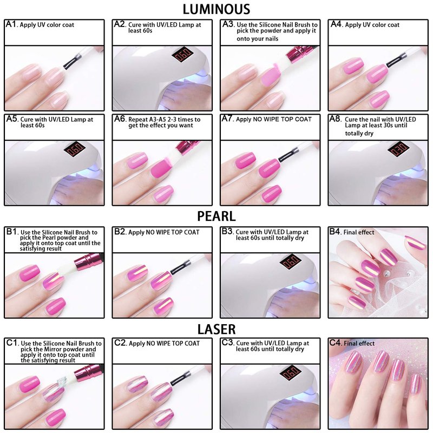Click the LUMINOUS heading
pyautogui.click(x=216, y=9)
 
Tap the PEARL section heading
pyautogui.click(x=216, y=216)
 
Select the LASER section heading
pyautogui.click(x=216, y=329)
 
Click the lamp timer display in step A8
pyautogui.click(x=398, y=149)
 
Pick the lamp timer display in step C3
pyautogui.click(x=290, y=372)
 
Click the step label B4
pyautogui.click(x=335, y=232)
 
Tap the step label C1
pyautogui.click(x=12, y=343)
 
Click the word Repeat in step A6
pyautogui.click(x=138, y=120)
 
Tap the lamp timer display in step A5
pyautogui.click(x=74, y=149)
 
